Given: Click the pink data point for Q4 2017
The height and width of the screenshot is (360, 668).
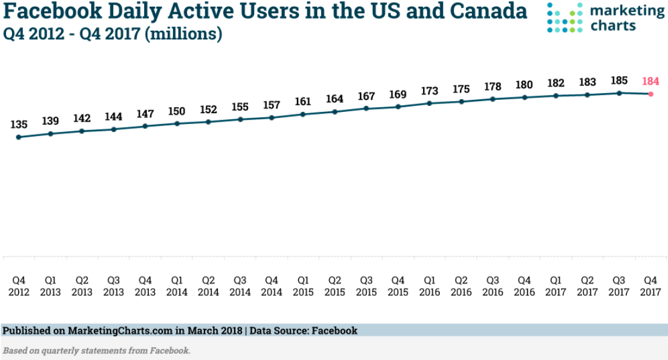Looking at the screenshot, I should click(x=650, y=94).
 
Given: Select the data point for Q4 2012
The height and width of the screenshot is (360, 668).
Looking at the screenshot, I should click(x=19, y=137).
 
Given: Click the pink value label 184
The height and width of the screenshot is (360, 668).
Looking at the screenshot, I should click(x=650, y=80).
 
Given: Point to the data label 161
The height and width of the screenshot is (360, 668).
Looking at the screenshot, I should click(x=303, y=101).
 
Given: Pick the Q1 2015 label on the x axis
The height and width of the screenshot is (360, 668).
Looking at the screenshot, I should click(x=303, y=286).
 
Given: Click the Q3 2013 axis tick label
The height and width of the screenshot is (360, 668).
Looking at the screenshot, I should click(x=113, y=286).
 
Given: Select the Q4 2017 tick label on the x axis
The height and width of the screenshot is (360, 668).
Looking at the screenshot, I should click(x=650, y=286).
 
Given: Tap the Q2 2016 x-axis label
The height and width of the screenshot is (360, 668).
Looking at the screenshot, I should click(x=461, y=286).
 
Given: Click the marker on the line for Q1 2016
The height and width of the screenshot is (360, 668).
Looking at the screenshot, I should click(x=430, y=103).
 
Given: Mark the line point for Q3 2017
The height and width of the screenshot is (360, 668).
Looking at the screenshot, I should click(x=619, y=93).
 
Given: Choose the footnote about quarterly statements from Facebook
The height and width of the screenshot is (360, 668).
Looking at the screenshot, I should click(x=97, y=350).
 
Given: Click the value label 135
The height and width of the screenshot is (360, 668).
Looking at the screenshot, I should click(x=19, y=125).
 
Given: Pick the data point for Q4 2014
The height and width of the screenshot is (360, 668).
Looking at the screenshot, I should click(x=272, y=117).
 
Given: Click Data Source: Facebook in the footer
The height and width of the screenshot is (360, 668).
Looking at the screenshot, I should click(x=304, y=331).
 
